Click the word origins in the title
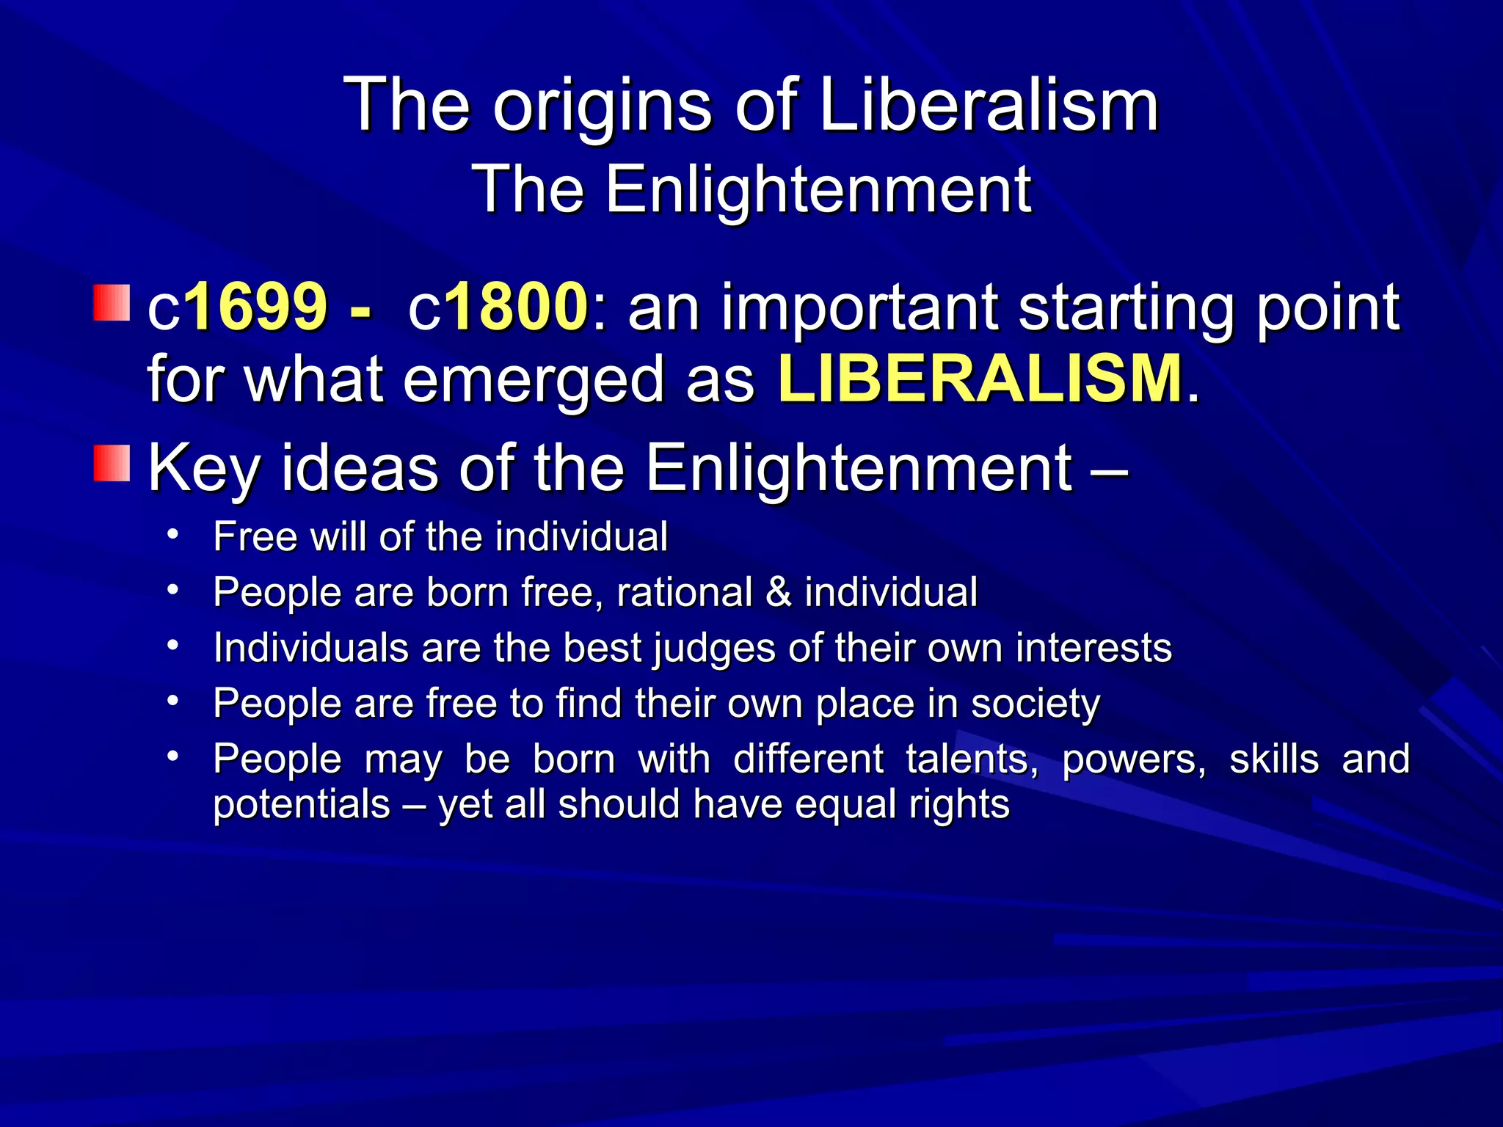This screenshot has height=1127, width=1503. point(602,109)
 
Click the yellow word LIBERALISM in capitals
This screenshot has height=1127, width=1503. point(980,379)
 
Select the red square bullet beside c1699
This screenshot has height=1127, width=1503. point(112,303)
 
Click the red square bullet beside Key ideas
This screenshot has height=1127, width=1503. point(112,463)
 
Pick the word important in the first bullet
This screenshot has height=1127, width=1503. point(860,308)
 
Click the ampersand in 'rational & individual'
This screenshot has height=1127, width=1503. point(779,592)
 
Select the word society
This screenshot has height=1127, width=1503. point(1036,704)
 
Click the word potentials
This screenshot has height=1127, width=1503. point(301,805)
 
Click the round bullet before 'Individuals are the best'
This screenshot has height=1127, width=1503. point(172,646)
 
